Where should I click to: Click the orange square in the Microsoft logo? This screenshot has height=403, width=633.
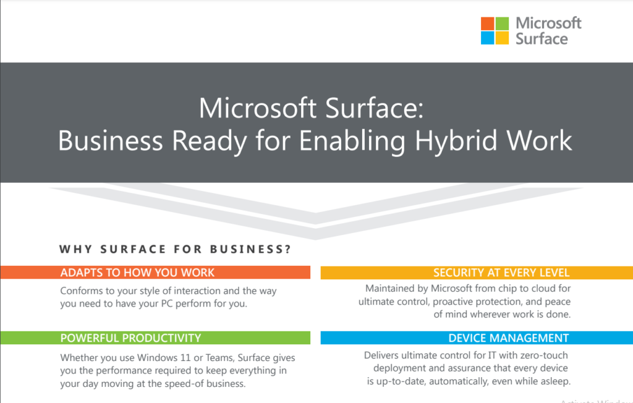(x=487, y=23)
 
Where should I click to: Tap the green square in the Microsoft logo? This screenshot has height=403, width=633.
(x=502, y=23)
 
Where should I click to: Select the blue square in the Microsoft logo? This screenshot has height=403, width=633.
(x=487, y=38)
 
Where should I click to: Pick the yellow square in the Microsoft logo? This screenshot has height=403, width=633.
(x=502, y=38)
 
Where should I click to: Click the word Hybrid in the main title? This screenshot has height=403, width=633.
(x=456, y=141)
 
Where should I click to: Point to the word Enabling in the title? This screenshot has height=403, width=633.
(x=352, y=141)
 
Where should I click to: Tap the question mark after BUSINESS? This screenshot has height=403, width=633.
(x=288, y=249)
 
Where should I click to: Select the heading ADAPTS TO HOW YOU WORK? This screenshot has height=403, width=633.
(x=137, y=273)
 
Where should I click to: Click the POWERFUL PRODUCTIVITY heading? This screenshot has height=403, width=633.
(x=130, y=338)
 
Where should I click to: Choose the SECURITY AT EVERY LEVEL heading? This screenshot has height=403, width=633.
(x=501, y=273)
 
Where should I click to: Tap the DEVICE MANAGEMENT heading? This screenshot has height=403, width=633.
(x=509, y=338)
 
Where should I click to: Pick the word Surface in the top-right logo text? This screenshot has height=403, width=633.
(x=542, y=39)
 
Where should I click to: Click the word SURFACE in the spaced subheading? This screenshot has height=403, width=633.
(x=134, y=249)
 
